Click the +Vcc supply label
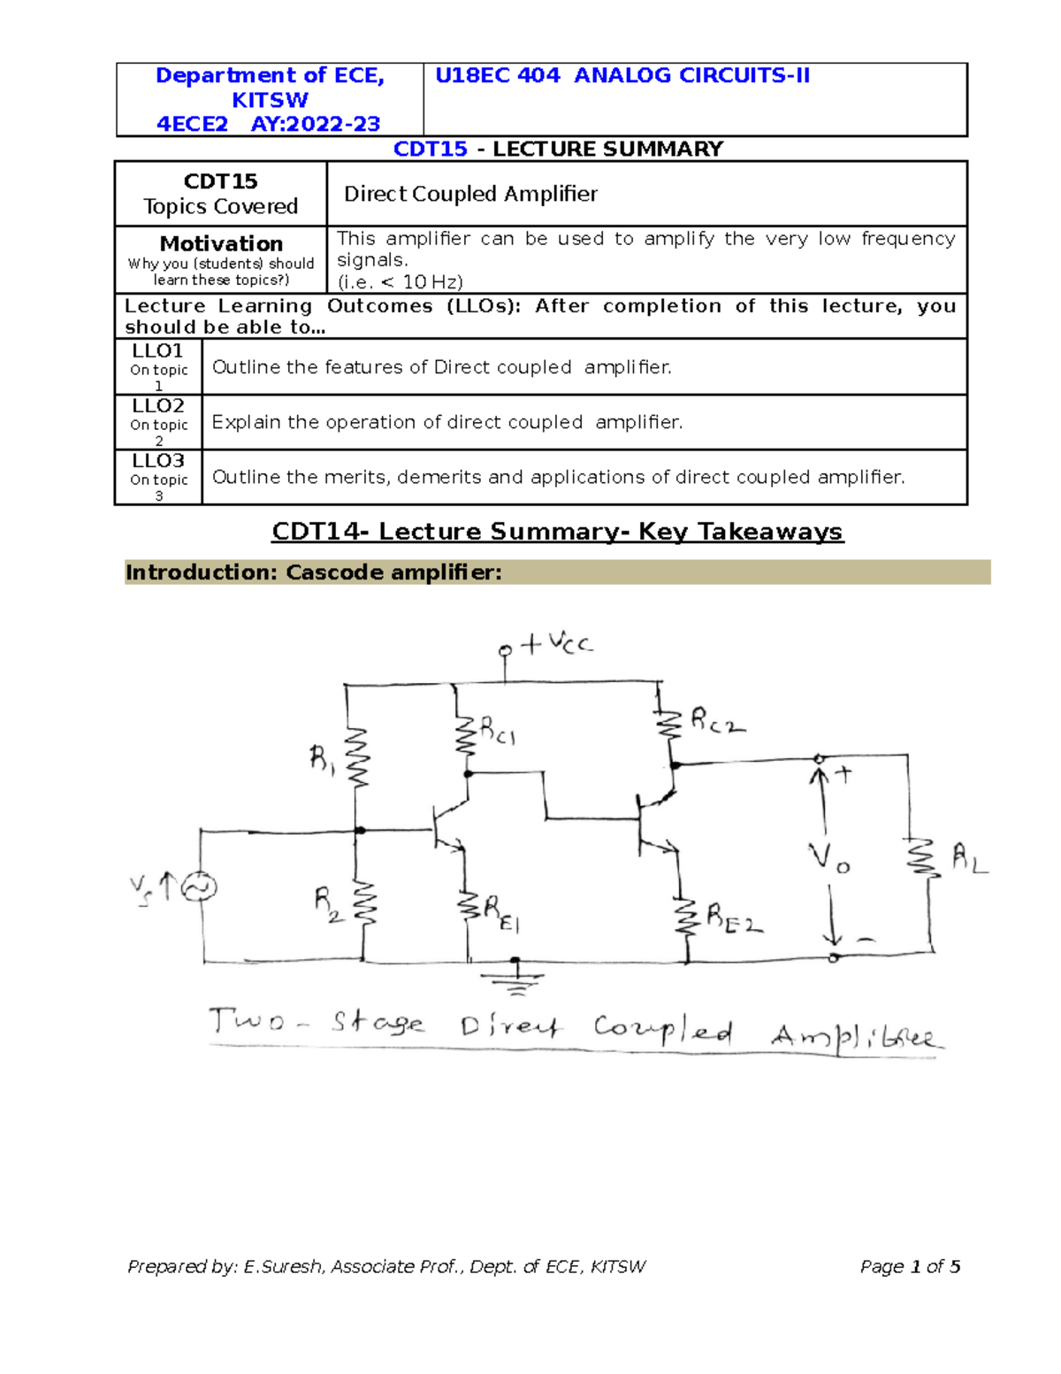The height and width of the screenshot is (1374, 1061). (557, 643)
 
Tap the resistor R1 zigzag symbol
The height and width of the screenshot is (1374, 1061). (357, 757)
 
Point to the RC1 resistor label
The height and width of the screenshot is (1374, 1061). (498, 731)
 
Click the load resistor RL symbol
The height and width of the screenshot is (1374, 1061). (923, 858)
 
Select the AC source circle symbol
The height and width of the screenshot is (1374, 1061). (200, 887)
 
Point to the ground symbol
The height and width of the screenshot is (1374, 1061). (515, 977)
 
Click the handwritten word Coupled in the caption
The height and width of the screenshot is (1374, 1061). (662, 1029)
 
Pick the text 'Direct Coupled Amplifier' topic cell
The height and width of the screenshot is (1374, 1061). (470, 194)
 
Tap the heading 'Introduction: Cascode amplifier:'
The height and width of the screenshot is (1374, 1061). (314, 572)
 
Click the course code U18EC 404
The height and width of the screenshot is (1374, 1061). (498, 76)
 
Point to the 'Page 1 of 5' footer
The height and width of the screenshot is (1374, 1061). (910, 1266)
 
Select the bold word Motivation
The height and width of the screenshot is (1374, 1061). (221, 243)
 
